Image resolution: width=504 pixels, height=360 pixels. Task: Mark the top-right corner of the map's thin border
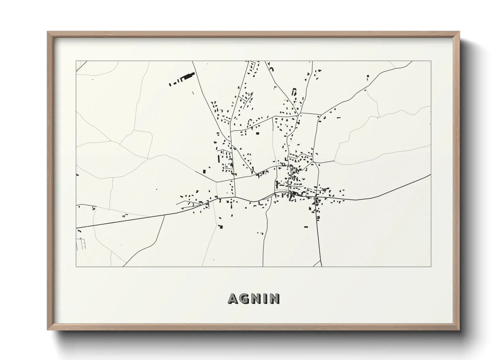click(x=431, y=61)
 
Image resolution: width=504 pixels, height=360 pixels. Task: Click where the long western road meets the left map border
click(x=76, y=228)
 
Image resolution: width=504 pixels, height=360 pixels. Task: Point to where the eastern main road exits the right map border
click(x=431, y=175)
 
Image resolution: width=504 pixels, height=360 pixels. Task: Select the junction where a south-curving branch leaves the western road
click(x=165, y=215)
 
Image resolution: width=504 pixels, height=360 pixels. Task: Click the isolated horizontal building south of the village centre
click(x=306, y=227)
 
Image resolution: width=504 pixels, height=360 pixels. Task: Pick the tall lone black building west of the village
click(x=204, y=171)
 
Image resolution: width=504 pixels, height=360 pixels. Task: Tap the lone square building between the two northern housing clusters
click(x=257, y=133)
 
